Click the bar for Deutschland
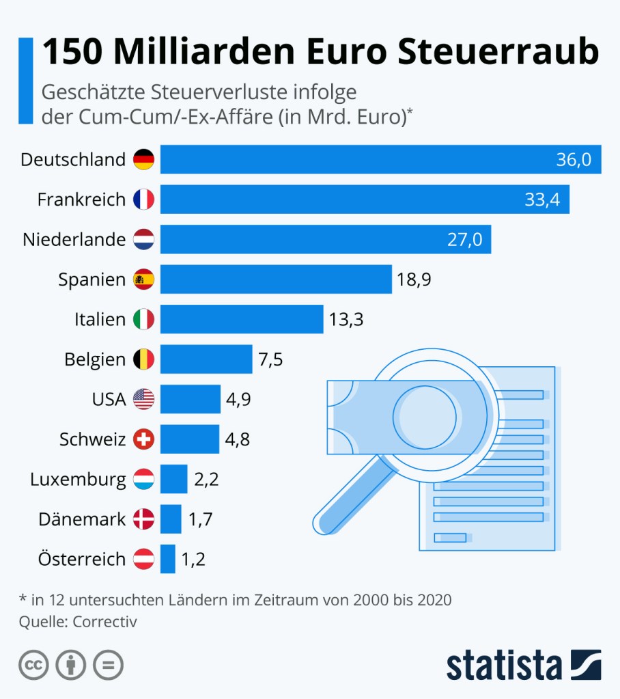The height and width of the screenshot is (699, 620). (x=380, y=160)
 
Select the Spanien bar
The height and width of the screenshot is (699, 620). (x=276, y=279)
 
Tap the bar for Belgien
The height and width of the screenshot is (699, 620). (x=206, y=359)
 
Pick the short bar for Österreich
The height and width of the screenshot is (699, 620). (x=168, y=559)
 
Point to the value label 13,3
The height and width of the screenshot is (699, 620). (x=346, y=319)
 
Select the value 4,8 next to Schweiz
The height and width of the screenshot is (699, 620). (x=237, y=439)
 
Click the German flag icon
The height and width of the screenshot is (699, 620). (x=143, y=160)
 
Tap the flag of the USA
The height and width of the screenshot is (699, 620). (x=143, y=399)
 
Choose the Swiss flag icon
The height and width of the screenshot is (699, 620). (x=143, y=439)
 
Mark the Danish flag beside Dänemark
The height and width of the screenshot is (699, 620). (x=143, y=519)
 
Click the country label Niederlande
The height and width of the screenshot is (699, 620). (x=74, y=240)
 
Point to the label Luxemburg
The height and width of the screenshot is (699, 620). (x=78, y=480)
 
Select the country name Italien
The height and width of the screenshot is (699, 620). (x=100, y=319)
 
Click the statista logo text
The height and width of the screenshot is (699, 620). (x=504, y=665)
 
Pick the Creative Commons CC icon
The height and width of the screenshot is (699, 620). (x=33, y=665)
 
